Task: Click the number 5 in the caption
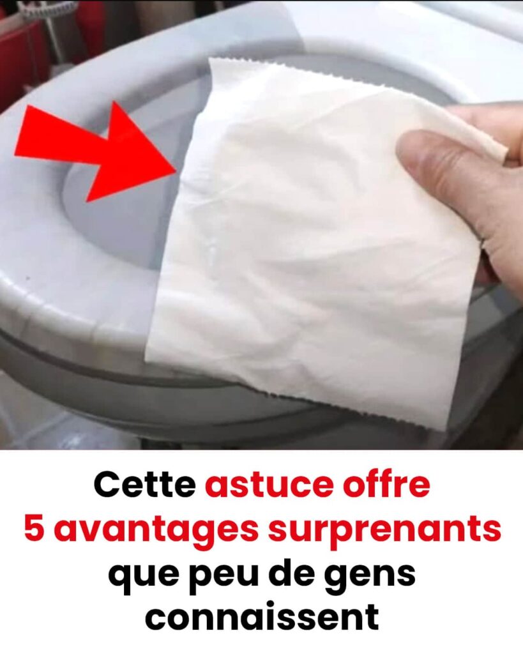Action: [33, 528]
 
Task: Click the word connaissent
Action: [262, 617]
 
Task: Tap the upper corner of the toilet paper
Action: [210, 59]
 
